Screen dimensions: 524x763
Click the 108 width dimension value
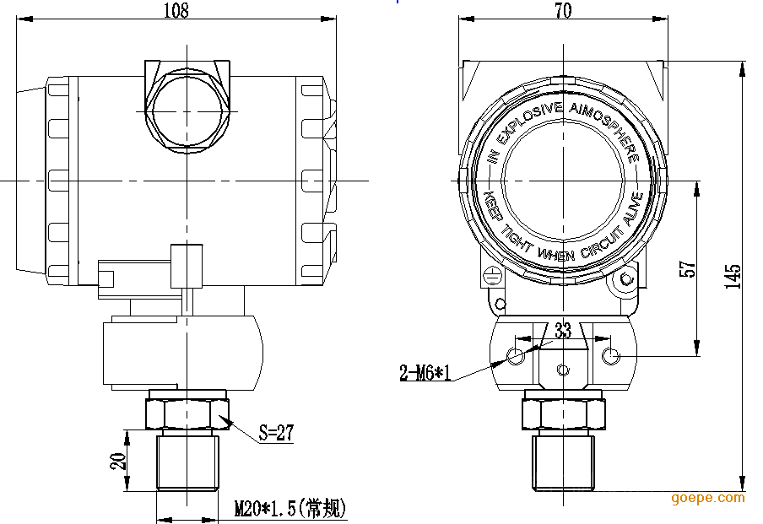(x=175, y=10)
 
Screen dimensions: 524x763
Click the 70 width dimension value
(x=564, y=10)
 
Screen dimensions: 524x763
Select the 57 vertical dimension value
(x=688, y=268)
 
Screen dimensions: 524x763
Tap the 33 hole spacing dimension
(x=563, y=331)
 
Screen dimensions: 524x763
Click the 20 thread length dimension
(x=118, y=461)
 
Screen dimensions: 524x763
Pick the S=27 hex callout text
(x=275, y=433)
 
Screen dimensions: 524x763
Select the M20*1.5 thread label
(x=290, y=508)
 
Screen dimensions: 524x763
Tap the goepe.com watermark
(x=708, y=498)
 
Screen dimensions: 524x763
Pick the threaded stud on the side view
(x=187, y=462)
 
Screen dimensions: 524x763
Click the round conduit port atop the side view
(x=187, y=111)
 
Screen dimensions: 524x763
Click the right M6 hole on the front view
(x=611, y=357)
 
